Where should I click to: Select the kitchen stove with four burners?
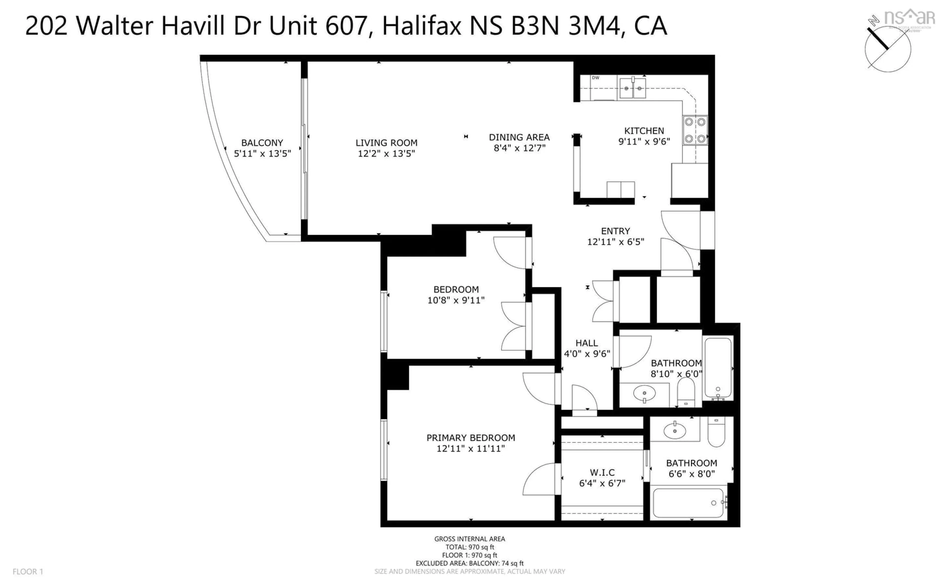[x=695, y=130]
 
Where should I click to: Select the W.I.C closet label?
[x=602, y=473]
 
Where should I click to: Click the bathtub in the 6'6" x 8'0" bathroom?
[x=688, y=503]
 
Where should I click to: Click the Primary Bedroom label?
[x=470, y=438]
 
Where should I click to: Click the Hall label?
[x=587, y=343]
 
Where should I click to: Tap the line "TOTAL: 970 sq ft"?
[x=470, y=547]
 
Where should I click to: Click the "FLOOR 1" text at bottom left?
[x=28, y=572]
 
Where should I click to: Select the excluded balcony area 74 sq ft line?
[x=470, y=563]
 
